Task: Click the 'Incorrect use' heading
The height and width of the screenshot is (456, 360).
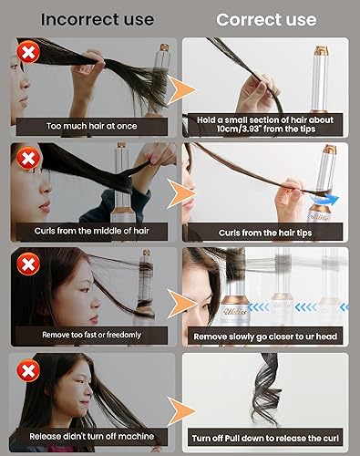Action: (90, 18)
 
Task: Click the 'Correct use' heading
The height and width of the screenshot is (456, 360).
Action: (266, 18)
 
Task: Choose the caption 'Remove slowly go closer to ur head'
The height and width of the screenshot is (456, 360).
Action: (264, 336)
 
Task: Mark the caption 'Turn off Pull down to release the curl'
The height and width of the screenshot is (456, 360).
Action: (265, 439)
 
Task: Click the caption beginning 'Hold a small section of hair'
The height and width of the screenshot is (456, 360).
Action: (264, 124)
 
